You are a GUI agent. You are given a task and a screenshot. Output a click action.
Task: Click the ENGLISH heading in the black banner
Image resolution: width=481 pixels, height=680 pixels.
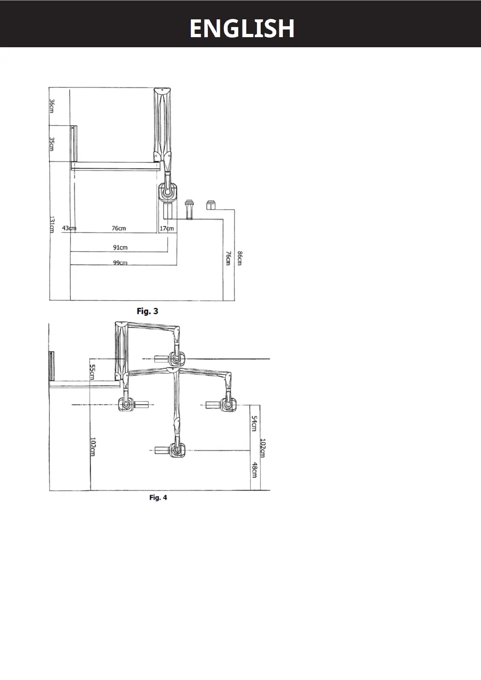242,28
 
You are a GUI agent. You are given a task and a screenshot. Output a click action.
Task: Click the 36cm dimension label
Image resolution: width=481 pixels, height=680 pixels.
52,106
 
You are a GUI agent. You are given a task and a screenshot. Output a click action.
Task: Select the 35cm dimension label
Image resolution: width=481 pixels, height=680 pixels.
52,144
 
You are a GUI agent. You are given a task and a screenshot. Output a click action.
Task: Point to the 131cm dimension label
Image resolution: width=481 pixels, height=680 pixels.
52,225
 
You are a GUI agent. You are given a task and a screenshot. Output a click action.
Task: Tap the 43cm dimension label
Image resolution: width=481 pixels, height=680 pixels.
69,228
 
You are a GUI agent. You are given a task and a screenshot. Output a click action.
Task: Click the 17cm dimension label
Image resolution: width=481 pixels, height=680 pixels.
167,228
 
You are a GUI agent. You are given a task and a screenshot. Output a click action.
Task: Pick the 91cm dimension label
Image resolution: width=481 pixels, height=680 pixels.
120,247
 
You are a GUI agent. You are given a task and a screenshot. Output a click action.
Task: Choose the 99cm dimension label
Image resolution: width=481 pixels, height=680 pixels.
120,262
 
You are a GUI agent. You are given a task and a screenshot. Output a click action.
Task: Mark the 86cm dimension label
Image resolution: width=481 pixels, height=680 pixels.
239,258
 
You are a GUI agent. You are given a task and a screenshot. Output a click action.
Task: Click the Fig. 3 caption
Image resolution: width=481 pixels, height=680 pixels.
148,311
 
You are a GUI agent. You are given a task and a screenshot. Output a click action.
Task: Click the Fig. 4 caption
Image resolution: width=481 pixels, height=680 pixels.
158,497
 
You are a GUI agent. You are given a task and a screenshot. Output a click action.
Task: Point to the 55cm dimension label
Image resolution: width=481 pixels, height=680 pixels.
92,372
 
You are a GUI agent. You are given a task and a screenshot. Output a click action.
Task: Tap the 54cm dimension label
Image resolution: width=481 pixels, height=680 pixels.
254,423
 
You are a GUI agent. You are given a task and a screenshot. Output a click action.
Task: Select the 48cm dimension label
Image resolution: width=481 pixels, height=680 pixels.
254,470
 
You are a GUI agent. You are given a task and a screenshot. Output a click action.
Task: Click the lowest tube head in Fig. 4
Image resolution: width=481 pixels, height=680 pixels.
177,449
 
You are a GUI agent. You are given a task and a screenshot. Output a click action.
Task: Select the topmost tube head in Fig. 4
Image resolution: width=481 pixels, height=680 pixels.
177,358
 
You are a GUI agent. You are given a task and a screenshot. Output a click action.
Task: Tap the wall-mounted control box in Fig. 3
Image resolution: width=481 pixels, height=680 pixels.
74,143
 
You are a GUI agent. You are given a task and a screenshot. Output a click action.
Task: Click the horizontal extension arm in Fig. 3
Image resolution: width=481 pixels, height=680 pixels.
115,165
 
